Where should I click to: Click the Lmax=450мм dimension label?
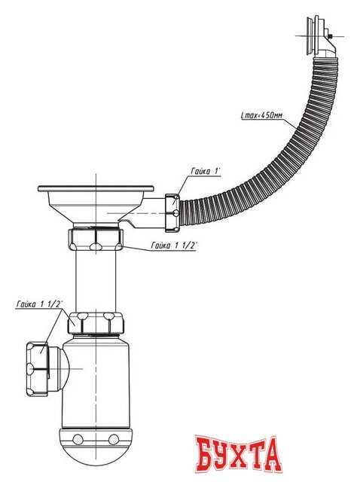261,116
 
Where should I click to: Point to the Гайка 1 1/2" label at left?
39,304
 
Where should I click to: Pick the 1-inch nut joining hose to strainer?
172,212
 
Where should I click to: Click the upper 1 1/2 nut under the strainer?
96,239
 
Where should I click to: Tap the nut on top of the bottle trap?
96,323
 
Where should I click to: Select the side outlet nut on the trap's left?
37,369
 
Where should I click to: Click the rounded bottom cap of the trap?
96,447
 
